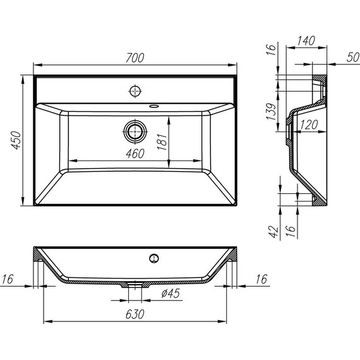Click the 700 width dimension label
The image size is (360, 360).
click(x=135, y=57)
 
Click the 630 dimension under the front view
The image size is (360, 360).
click(x=135, y=314)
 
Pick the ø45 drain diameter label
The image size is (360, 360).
click(x=172, y=294)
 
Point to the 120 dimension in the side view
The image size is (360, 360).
click(x=308, y=125)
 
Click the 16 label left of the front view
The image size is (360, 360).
click(x=8, y=278)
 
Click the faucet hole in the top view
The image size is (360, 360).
click(x=135, y=90)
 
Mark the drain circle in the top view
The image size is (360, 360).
click(x=134, y=131)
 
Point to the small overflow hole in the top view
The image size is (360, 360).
click(x=155, y=106)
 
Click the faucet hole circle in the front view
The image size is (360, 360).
click(x=153, y=257)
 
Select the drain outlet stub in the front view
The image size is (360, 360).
click(x=133, y=285)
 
